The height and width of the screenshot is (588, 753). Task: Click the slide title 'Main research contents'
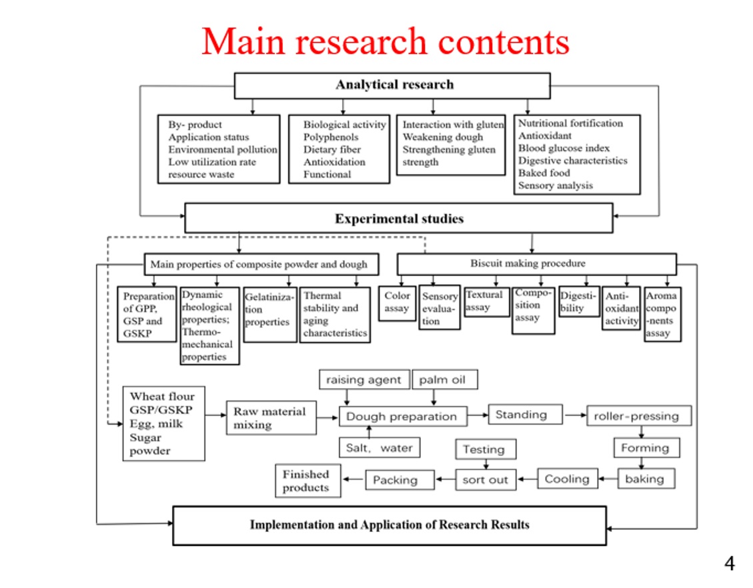click(x=385, y=42)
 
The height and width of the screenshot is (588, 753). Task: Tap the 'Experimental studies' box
click(x=398, y=219)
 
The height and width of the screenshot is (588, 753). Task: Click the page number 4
click(x=729, y=564)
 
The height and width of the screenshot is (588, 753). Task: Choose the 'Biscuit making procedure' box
click(x=536, y=263)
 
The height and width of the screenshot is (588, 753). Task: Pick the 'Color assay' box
click(x=397, y=303)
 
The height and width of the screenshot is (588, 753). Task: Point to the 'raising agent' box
click(x=363, y=380)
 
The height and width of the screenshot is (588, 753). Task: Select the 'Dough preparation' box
click(x=402, y=417)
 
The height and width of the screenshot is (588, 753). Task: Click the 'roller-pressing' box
click(x=638, y=416)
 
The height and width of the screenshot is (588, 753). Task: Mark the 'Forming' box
click(x=646, y=448)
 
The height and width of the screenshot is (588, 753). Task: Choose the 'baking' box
click(x=645, y=479)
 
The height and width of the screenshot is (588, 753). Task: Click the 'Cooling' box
click(x=567, y=479)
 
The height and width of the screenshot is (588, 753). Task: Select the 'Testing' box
click(x=484, y=449)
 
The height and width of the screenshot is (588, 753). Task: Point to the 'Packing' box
click(x=396, y=479)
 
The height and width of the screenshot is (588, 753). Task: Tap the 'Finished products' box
click(x=307, y=481)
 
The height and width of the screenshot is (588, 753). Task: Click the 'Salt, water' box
click(x=380, y=448)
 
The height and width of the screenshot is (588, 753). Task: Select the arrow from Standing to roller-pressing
click(x=574, y=415)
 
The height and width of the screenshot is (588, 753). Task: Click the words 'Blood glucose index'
click(x=564, y=148)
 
